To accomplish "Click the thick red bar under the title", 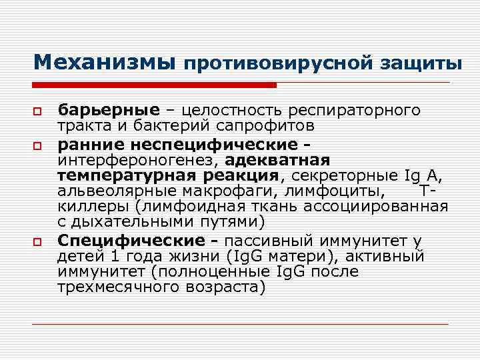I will [154, 85].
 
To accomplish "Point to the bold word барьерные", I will [109, 109].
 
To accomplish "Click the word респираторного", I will [363, 109].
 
